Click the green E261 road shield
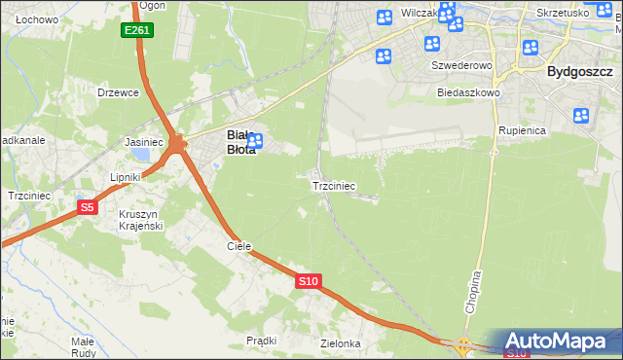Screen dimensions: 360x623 point(136,31)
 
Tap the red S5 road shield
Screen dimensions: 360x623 point(88,206)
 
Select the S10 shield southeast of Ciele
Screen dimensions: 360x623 point(308,281)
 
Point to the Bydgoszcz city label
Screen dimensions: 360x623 point(579,71)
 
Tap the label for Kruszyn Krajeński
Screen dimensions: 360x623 point(139,219)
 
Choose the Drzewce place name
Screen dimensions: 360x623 point(119,92)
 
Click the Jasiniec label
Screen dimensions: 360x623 point(144,142)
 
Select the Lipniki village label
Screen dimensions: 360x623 point(127,177)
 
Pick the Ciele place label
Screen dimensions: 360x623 point(239,246)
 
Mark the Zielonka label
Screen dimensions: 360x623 point(341,343)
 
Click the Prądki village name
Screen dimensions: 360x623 point(262,341)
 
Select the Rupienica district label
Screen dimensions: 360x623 point(523,129)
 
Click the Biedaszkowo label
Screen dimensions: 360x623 point(468,92)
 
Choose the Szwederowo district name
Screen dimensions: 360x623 point(462,65)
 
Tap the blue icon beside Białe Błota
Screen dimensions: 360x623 point(255,142)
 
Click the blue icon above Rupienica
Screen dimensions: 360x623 point(582,116)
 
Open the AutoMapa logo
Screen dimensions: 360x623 point(559,341)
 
